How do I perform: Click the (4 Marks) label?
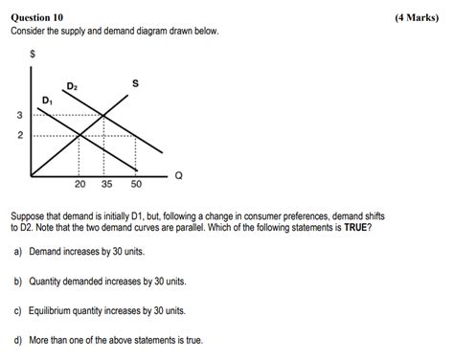coord(418,17)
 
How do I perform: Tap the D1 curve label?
coord(48,100)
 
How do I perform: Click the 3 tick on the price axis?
coord(19,116)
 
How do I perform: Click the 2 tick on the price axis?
coord(19,135)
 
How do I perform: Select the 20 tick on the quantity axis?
coord(80,184)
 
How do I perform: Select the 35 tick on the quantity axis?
coord(105,184)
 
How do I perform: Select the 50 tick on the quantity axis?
coord(136,184)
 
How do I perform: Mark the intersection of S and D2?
coord(104,116)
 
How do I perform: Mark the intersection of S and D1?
coord(79,135)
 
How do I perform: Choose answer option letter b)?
coord(17,281)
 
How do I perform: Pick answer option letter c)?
coord(17,311)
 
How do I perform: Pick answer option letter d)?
coord(17,341)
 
